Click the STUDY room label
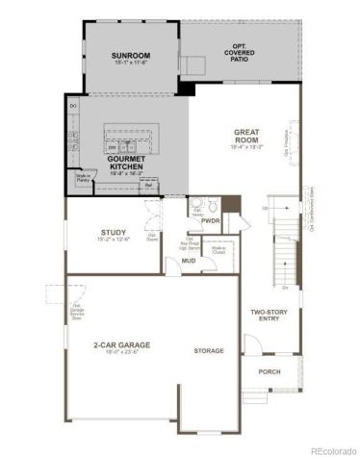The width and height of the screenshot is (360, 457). [115, 232]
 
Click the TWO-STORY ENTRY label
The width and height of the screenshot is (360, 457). [270, 316]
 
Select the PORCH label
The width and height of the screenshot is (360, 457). [270, 370]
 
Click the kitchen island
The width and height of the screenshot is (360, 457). [127, 135]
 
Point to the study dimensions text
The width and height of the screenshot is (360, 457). [115, 240]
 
